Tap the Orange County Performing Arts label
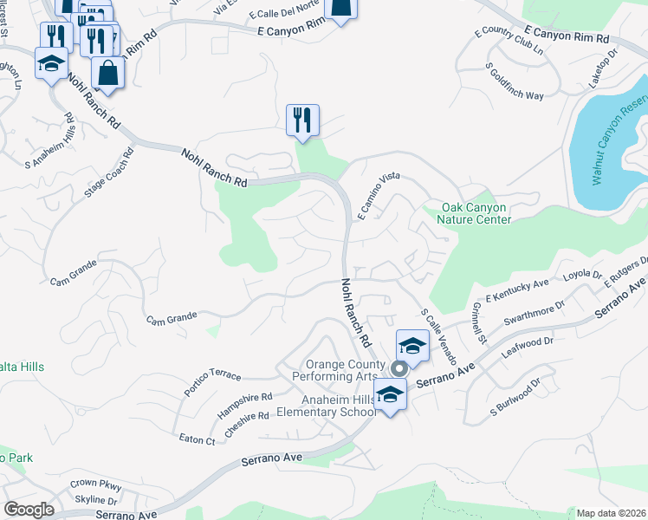point(340,370)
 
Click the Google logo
point(28,510)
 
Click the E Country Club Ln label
point(509,43)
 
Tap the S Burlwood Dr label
point(515,394)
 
